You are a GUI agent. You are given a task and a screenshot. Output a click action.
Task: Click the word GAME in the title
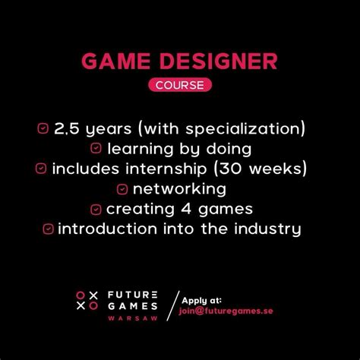(x=116, y=61)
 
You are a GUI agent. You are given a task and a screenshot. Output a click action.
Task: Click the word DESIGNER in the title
(x=219, y=61)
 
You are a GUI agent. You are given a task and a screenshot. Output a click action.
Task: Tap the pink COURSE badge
(x=180, y=85)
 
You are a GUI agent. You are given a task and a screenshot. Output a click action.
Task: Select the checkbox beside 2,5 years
(x=43, y=128)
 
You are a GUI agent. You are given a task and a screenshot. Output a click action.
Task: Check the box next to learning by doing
(x=96, y=148)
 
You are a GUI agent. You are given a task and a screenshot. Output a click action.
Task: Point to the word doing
(x=229, y=149)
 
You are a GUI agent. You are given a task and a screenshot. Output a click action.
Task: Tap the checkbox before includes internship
(x=41, y=169)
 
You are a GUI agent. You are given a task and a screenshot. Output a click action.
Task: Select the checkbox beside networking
(x=122, y=189)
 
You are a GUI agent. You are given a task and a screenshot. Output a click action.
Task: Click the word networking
(x=179, y=189)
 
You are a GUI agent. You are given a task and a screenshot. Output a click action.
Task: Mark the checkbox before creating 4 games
(x=96, y=210)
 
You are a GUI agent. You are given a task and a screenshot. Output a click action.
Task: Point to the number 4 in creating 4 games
(x=186, y=209)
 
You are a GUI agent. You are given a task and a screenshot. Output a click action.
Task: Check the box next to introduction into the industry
(x=48, y=229)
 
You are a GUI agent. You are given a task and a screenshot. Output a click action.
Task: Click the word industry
(x=267, y=229)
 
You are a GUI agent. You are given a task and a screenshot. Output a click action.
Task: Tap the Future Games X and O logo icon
(x=87, y=301)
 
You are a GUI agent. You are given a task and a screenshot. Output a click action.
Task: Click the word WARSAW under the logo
(x=133, y=318)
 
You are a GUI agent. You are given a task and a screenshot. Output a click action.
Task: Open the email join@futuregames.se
(x=226, y=311)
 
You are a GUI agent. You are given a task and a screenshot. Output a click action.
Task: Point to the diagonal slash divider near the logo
(x=173, y=306)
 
